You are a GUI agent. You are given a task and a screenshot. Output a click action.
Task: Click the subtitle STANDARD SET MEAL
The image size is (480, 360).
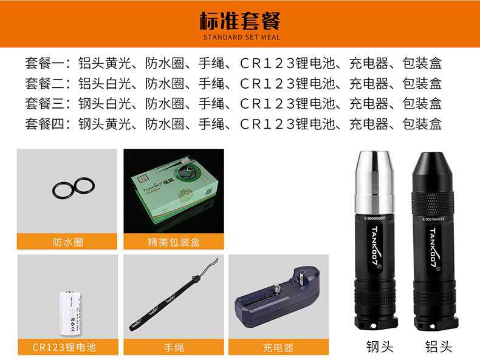coord(240,37)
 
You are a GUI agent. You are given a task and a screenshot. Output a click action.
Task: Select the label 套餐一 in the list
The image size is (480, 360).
coord(43,63)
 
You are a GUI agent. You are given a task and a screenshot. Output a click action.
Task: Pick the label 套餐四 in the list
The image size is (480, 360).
coord(43,124)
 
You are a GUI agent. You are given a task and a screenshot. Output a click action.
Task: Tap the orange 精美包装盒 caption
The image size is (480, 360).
coord(174,242)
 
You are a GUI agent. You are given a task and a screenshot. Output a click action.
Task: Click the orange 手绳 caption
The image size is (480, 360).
coord(174,347)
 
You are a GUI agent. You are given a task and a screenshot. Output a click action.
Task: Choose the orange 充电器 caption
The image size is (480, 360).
coord(278,347)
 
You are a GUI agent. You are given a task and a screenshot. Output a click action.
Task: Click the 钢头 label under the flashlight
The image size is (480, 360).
coord(380,347)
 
